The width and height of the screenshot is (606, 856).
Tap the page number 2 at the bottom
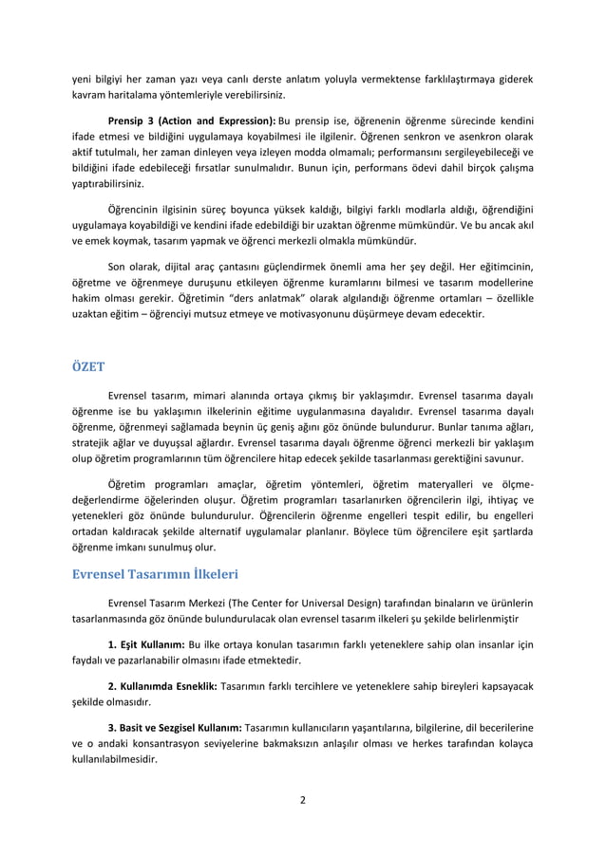point(302,799)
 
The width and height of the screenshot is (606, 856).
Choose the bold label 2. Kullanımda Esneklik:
point(163,685)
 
